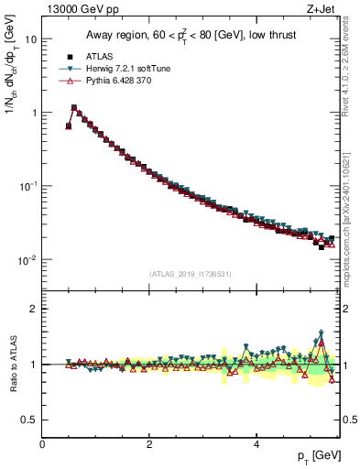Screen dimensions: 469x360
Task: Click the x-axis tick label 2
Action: coord(149,444)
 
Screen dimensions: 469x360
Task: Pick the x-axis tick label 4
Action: coord(256,444)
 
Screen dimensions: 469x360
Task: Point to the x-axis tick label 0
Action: coord(42,444)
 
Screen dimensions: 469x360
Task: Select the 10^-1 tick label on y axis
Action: coord(27,186)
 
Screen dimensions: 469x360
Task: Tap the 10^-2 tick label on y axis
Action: coord(27,259)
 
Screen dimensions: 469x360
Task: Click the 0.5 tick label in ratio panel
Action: coord(28,420)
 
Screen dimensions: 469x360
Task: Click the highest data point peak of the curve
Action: coord(73,107)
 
